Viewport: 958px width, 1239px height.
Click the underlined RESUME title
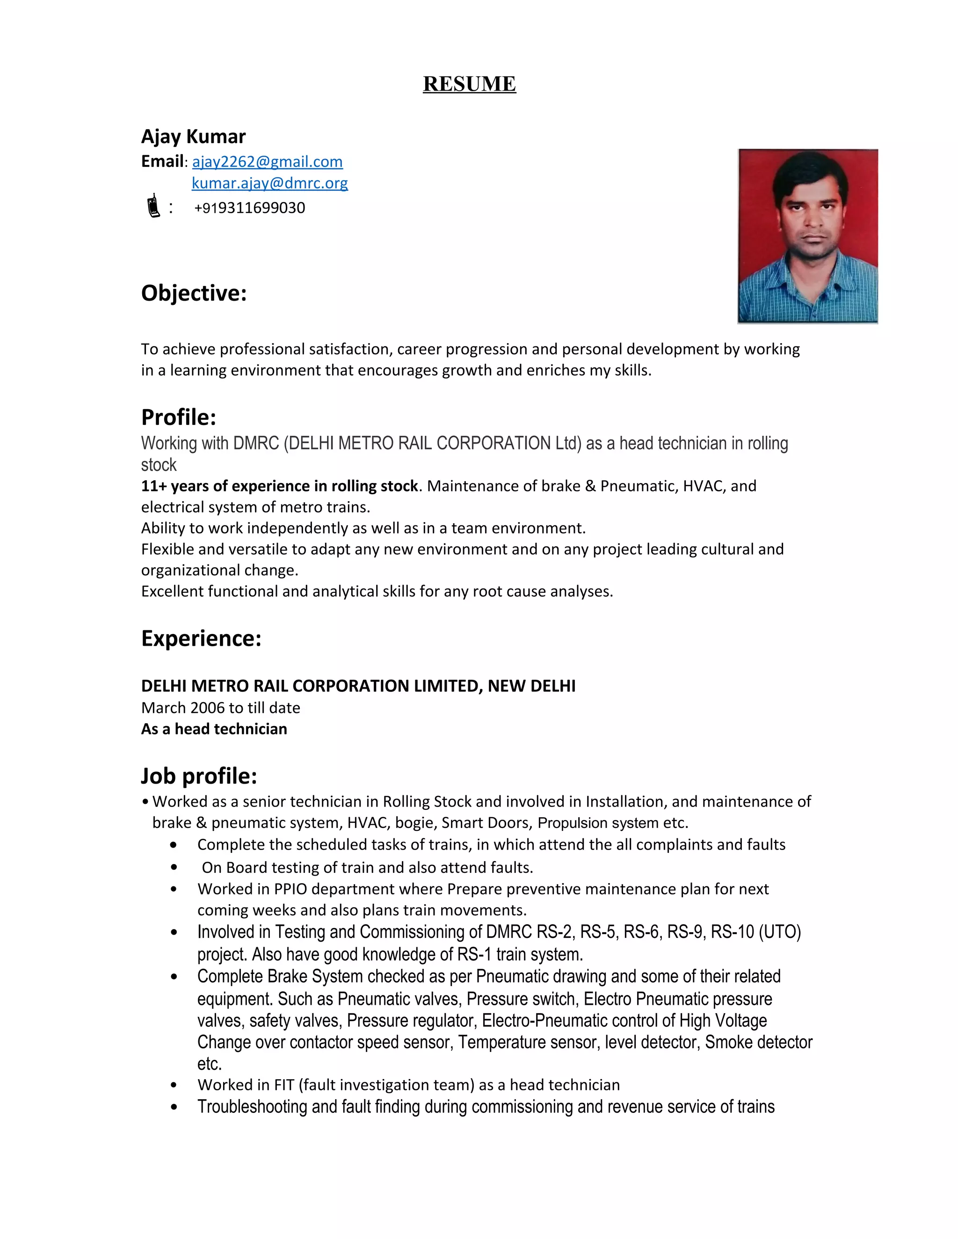click(x=469, y=84)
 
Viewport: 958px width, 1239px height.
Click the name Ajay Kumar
click(x=193, y=137)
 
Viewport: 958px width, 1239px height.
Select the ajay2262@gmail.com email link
click(x=267, y=162)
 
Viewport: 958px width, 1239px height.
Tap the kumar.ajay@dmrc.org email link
click(x=269, y=183)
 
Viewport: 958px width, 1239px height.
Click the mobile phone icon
click(x=152, y=206)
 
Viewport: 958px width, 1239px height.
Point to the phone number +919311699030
click(x=250, y=208)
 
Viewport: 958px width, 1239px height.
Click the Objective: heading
click(x=194, y=293)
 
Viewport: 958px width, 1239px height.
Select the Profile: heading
click(x=178, y=417)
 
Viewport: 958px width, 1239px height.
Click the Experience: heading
click(x=201, y=638)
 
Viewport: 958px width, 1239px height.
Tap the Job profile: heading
click(x=199, y=776)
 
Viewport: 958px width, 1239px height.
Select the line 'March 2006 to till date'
click(x=220, y=708)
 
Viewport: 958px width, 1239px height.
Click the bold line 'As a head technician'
click(x=214, y=729)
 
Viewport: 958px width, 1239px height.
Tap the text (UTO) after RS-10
click(x=779, y=932)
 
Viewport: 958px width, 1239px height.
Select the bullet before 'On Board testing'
click(x=174, y=868)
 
